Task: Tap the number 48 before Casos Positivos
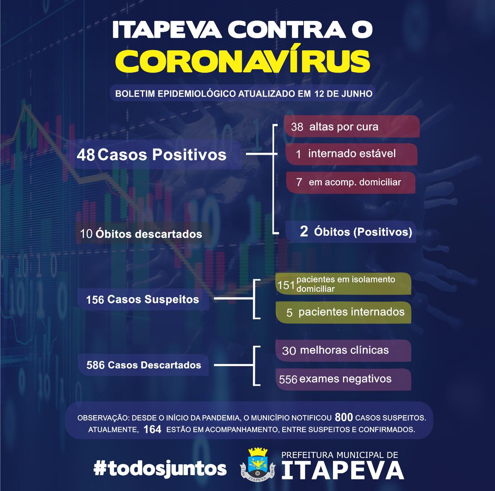click(86, 155)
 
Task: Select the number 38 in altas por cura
click(297, 127)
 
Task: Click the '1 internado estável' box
click(352, 154)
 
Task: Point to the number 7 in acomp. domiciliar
click(299, 182)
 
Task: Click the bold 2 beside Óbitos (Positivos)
click(304, 231)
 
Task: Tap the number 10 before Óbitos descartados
click(86, 234)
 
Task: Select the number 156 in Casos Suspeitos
click(95, 300)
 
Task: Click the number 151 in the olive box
click(286, 285)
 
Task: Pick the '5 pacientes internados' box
click(343, 312)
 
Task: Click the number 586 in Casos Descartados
click(96, 365)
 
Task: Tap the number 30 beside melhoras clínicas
click(289, 351)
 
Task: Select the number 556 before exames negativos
click(288, 380)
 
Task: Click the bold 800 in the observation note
click(344, 417)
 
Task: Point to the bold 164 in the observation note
click(152, 429)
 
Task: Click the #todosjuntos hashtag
click(160, 469)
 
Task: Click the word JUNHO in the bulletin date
click(357, 94)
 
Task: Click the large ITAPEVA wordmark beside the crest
click(343, 470)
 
